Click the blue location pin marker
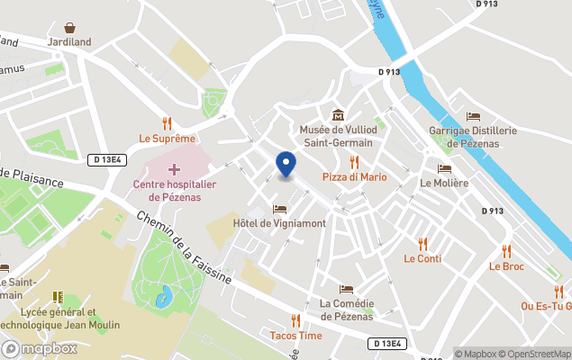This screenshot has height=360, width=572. pos(286,164)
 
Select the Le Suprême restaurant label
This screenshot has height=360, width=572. pos(167,139)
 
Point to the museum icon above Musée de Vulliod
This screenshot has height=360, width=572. pos(338,114)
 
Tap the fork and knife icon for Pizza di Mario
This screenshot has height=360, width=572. pos(355,162)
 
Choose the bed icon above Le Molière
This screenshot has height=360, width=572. pos(444,168)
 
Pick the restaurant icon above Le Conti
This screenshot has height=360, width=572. pos(422,244)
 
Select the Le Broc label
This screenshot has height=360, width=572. pos(506,266)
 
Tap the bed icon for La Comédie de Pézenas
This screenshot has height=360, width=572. pos(346,289)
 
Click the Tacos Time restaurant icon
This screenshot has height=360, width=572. pos(295,320)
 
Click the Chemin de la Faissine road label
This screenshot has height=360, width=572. pos(186,248)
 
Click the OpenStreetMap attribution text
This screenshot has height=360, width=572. pos(535,354)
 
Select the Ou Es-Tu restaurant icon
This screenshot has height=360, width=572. pos(558,291)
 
